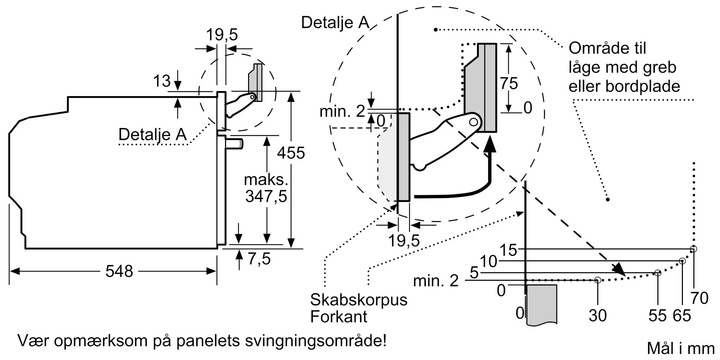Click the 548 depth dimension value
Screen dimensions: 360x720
[119, 271]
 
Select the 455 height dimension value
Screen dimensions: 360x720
[291, 153]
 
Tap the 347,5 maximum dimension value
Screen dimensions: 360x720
[266, 197]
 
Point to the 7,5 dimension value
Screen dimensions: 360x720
[259, 259]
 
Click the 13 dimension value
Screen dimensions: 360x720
[162, 81]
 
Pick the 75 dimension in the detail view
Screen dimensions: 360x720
[509, 84]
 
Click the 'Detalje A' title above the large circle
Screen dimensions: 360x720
[335, 23]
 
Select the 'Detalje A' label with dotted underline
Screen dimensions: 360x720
[152, 135]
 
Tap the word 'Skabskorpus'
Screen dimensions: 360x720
[359, 300]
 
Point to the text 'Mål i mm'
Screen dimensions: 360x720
[680, 348]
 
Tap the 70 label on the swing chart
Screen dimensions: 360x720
[699, 298]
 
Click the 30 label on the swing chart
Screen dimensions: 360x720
[598, 315]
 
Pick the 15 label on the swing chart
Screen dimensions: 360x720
[508, 250]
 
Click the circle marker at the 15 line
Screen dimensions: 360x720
[693, 249]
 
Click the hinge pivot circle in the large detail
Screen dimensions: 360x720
[473, 122]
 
